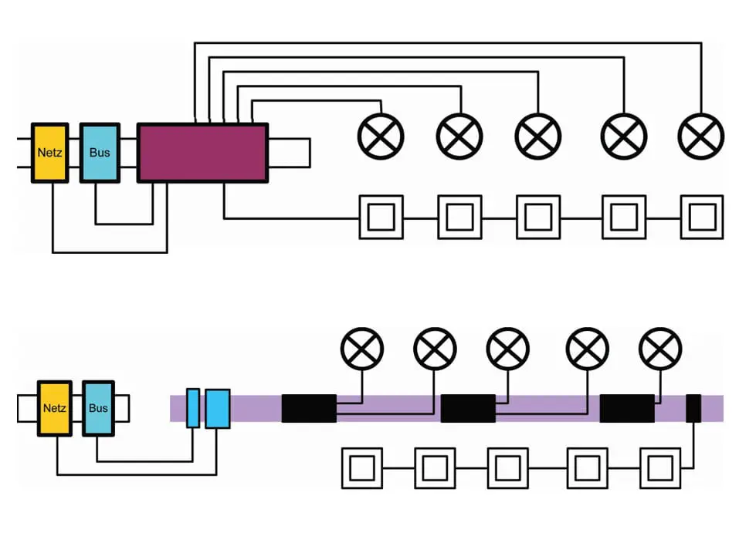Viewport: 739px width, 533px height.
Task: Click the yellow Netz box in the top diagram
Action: [51, 153]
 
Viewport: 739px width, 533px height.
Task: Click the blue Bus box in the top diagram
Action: [100, 153]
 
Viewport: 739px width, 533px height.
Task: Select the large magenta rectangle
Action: [202, 153]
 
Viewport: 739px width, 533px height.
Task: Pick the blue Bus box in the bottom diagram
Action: [98, 407]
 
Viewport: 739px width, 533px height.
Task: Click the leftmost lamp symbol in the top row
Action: [381, 137]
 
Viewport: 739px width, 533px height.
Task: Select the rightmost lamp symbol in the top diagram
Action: [700, 137]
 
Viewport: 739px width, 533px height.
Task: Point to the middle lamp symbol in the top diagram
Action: [538, 137]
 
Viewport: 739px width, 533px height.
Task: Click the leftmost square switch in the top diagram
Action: [381, 218]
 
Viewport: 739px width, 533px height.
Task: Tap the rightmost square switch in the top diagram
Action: [701, 218]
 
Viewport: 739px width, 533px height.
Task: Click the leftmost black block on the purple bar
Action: [309, 408]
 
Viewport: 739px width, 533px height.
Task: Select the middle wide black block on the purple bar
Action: [468, 408]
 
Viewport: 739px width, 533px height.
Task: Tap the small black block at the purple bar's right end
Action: [693, 408]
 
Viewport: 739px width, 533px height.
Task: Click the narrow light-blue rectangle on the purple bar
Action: [193, 408]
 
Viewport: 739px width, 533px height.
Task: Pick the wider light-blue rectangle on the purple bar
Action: [218, 408]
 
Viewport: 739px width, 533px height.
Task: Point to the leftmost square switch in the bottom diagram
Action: [362, 468]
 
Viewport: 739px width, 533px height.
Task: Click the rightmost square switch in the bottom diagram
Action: [660, 468]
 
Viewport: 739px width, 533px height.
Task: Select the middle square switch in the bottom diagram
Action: [507, 468]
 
